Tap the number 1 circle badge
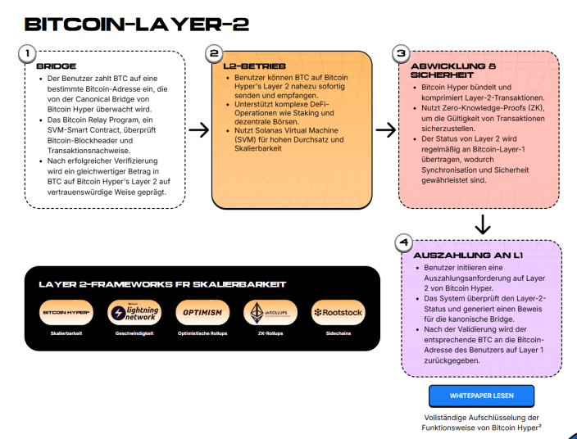pos(27,53)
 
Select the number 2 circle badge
pos(214,53)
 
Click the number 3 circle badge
pos(401,53)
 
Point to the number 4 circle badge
pos(402,242)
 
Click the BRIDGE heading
pos(57,65)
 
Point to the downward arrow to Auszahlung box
pos(483,223)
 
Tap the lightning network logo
pos(134,313)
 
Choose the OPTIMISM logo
pos(202,313)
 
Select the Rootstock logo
pos(338,313)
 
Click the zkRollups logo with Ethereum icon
pos(270,313)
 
